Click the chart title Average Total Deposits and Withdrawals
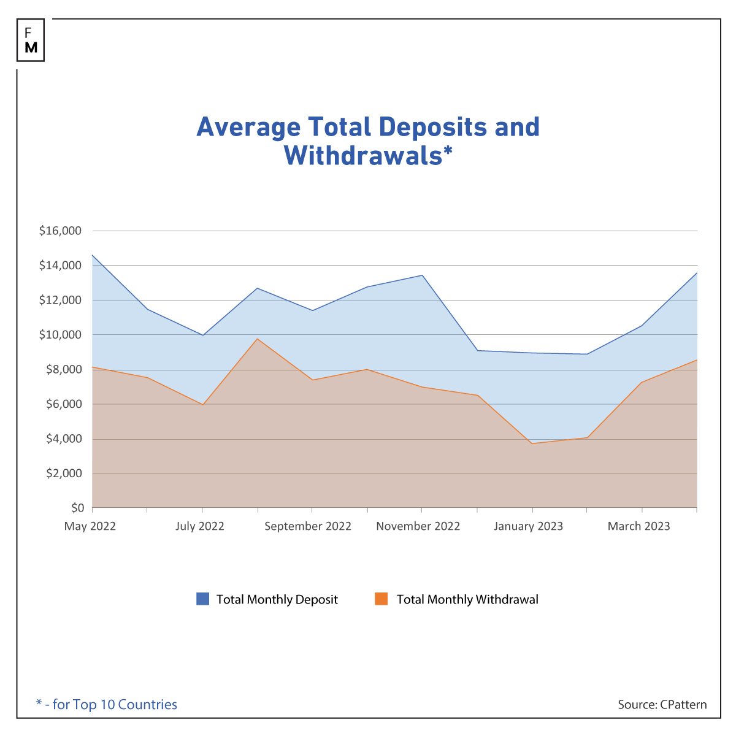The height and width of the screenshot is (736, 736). coord(368,141)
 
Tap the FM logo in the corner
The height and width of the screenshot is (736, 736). coord(31,40)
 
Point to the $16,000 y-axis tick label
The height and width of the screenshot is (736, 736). coord(60,231)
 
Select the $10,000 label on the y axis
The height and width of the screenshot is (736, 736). coord(60,335)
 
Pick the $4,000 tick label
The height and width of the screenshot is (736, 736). coord(63,439)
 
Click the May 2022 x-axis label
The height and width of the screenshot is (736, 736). coord(90,526)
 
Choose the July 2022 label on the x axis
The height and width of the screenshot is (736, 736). coord(200,526)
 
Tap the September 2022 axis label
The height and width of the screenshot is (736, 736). coord(308,526)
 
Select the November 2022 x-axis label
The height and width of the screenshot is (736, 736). coord(418,526)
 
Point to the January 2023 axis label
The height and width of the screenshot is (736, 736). coord(528,526)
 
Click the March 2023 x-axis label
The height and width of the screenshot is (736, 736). coord(638,526)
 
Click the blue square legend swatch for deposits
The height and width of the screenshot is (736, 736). coord(202,599)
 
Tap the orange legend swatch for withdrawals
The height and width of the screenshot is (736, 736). coord(381,599)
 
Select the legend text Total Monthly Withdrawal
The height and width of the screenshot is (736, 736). coord(467,600)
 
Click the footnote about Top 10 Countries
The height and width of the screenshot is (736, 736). coord(107,705)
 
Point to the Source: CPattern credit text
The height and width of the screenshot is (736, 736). coord(662,705)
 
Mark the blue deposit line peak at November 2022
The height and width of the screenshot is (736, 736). coord(422,275)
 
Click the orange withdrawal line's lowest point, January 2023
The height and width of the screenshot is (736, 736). coord(532,443)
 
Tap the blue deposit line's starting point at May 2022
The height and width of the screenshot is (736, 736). coord(93,255)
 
